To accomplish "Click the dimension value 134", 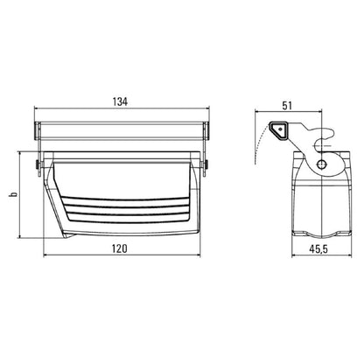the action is [120, 101].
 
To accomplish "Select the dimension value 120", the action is [120, 248].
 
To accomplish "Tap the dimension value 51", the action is [287, 106].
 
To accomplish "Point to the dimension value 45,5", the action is [318, 249].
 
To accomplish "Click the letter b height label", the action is [13, 194].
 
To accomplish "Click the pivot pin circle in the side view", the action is [322, 164].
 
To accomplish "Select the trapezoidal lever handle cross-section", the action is [278, 130].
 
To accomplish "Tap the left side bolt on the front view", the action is [38, 165].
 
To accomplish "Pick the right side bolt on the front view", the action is [206, 165].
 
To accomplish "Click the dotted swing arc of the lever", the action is [258, 143].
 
